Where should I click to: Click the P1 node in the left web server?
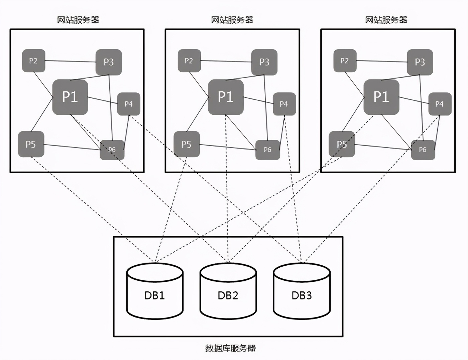pos(70,97)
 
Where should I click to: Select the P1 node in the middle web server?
pos(226,97)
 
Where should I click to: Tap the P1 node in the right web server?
pos(381,97)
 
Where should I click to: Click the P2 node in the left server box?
pos(33,61)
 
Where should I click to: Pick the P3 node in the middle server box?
pos(264,62)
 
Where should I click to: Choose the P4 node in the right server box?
pos(440,104)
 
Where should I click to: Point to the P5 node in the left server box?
pos(31,144)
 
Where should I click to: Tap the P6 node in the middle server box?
pos(267,150)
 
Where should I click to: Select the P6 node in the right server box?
pos(423,150)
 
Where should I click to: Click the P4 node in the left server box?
pos(129,104)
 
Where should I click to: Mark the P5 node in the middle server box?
pos(187,144)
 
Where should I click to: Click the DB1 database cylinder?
pos(155,291)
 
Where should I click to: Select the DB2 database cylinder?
pos(228,291)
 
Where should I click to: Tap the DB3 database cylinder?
pos(302,291)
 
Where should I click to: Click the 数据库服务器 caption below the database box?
pos(231,348)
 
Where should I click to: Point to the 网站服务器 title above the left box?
pos(78,20)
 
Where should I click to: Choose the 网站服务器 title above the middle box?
pos(232,20)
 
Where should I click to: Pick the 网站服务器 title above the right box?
pos(386,20)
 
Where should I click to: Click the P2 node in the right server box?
pos(345,61)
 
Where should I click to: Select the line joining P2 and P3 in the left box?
pos(70,61)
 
